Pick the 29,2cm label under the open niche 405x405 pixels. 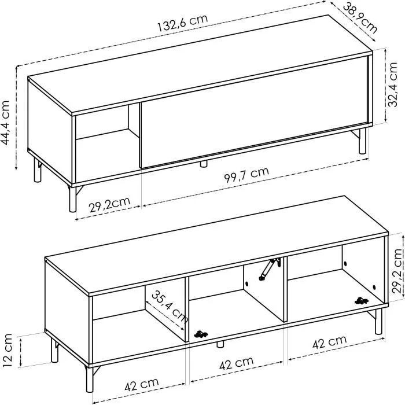click(108, 204)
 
